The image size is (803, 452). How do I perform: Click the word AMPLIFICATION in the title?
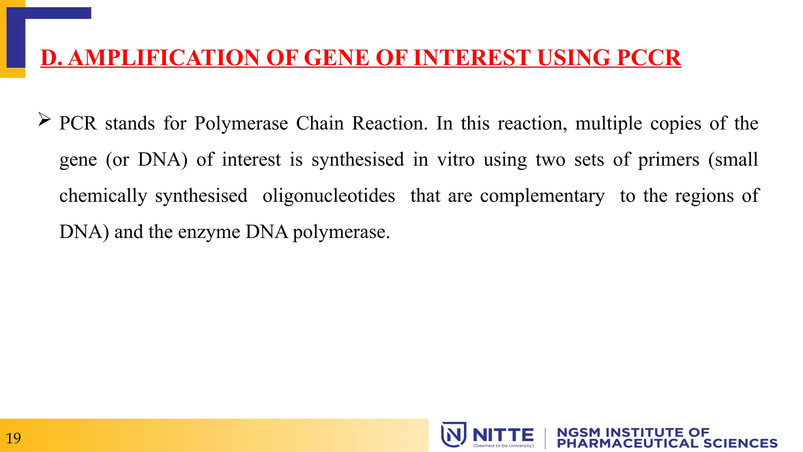[164, 58]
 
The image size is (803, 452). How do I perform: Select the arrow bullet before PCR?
[44, 119]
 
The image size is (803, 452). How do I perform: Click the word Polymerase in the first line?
[241, 124]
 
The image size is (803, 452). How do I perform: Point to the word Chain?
[320, 124]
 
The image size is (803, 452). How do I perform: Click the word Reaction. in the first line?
[390, 124]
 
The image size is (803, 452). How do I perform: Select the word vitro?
[456, 160]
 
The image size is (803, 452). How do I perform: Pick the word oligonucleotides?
[329, 196]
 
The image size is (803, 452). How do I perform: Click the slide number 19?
[13, 438]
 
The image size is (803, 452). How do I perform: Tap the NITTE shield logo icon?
[453, 434]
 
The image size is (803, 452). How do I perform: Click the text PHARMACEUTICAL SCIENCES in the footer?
[667, 443]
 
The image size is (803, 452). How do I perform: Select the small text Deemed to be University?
[503, 446]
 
